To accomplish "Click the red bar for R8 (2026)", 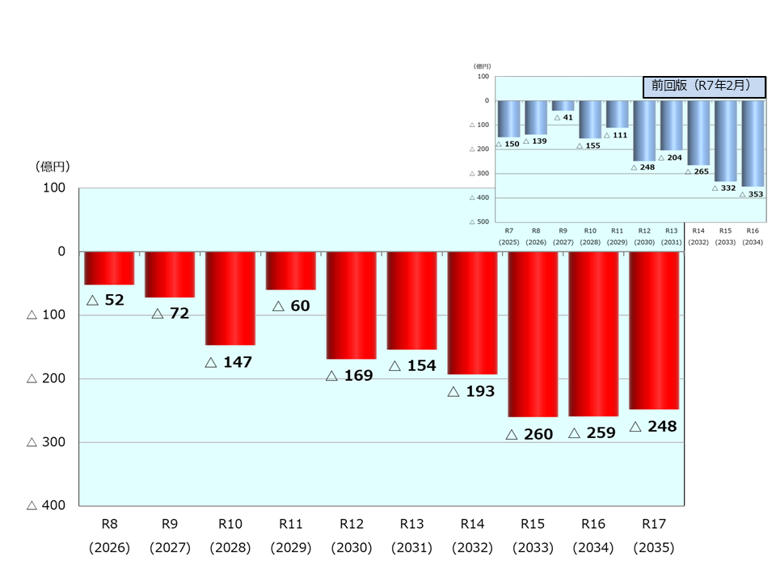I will (x=109, y=268).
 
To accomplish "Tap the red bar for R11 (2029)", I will (x=291, y=270).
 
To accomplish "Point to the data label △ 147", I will (x=229, y=362).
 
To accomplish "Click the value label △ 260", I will (x=529, y=435).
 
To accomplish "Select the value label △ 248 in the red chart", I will (x=652, y=427).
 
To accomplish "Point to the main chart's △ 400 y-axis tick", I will (x=46, y=505).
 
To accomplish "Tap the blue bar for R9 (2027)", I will (x=563, y=105).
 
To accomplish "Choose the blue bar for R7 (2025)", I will (x=508, y=118).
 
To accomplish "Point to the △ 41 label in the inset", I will (x=563, y=118).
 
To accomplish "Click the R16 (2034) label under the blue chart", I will (x=753, y=235).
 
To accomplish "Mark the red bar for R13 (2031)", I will (x=411, y=300).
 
